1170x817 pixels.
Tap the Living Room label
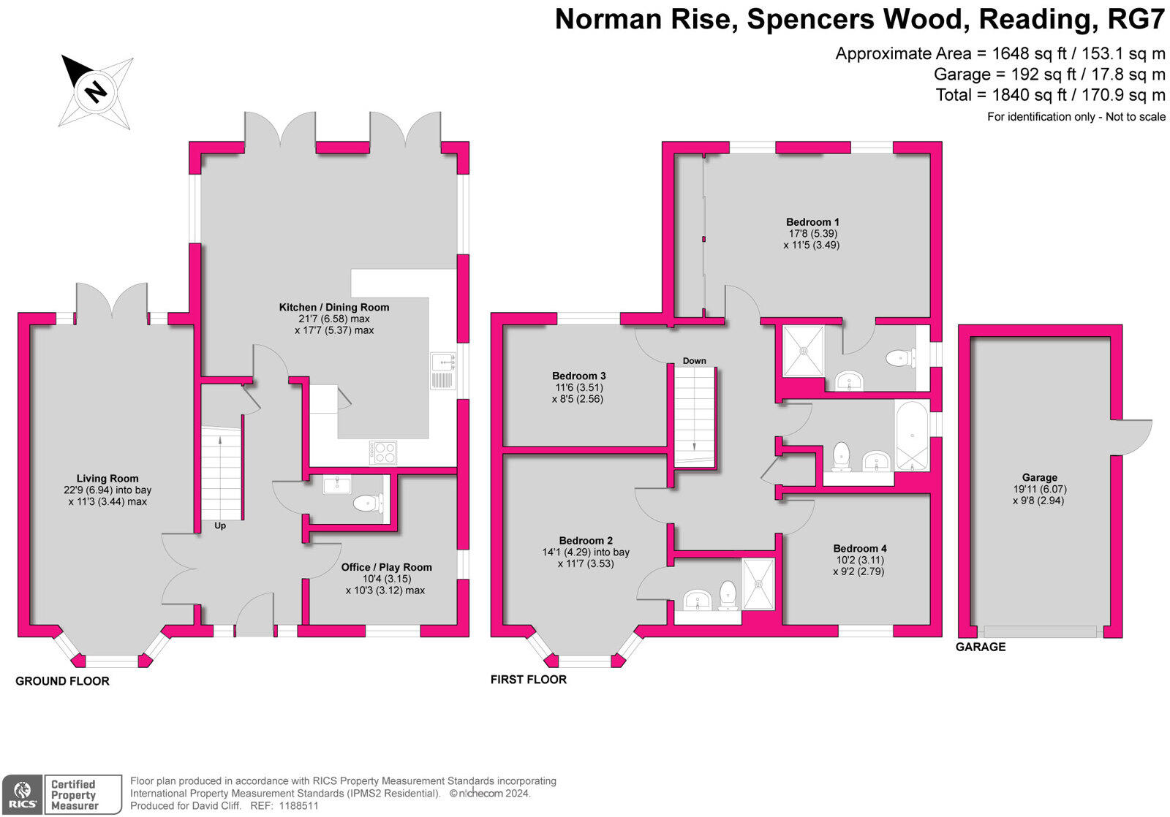pos(107,479)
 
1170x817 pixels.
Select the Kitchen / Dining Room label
pos(334,307)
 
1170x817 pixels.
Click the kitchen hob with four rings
pos(383,452)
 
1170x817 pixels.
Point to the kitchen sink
pos(442,370)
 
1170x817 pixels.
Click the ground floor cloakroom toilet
pos(366,503)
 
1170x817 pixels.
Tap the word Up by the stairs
pos(220,525)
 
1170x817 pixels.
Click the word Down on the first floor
pos(694,360)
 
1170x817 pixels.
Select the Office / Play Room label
pos(386,567)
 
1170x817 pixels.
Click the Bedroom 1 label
pos(812,222)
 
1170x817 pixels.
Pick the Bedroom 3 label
pos(578,376)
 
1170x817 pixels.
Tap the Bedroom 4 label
pos(859,548)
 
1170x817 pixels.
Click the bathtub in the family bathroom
pos(912,436)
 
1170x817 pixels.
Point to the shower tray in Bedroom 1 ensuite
pos(804,350)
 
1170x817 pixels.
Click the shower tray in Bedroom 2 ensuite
pos(758,584)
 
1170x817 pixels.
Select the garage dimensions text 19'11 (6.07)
pos(1039,489)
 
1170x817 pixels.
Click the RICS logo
pos(23,795)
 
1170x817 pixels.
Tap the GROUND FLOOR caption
pos(62,681)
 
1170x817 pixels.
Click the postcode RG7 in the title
pos(1136,20)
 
